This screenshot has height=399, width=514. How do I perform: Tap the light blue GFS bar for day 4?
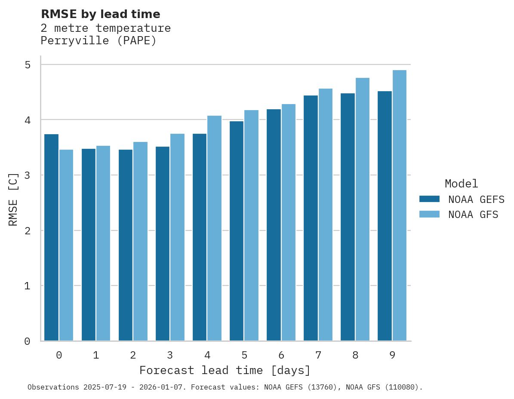click(214, 228)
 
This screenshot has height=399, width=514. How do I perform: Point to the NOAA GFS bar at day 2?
click(140, 241)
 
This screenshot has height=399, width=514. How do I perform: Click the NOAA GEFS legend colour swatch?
click(429, 199)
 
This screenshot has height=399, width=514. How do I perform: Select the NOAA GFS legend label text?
click(473, 215)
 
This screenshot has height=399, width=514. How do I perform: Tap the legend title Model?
click(461, 184)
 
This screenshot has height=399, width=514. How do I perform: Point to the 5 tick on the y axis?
click(28, 65)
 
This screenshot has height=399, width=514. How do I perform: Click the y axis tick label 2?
click(28, 231)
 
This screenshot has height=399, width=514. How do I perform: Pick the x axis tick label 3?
click(170, 355)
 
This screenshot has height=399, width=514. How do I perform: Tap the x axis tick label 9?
click(392, 355)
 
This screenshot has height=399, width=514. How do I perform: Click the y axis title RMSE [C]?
click(13, 199)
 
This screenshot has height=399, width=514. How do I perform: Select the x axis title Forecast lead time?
click(225, 370)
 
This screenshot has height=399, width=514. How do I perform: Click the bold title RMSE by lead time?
click(100, 14)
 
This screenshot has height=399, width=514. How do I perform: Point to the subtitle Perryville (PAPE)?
click(98, 41)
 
